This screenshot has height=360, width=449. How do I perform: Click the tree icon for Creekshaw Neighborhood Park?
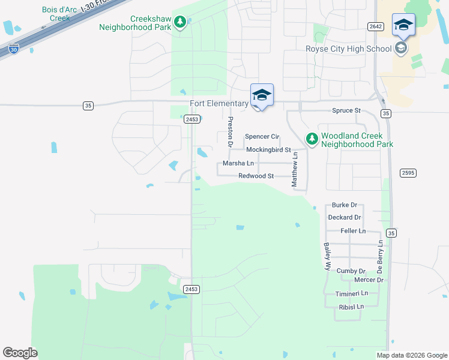click(179, 22)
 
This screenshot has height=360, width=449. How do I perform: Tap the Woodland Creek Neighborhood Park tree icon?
click(312, 139)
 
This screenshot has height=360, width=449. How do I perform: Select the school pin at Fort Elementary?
click(262, 96)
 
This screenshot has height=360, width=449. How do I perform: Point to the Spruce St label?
click(346, 111)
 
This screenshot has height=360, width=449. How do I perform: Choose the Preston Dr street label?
click(230, 132)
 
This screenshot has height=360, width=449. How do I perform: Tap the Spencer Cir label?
click(262, 137)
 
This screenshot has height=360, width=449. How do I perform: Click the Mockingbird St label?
click(268, 149)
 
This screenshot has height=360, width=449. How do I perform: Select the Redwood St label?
click(256, 176)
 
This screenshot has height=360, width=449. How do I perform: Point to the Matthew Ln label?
click(295, 170)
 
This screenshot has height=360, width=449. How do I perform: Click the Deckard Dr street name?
click(345, 217)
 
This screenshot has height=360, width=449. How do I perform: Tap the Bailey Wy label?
click(327, 257)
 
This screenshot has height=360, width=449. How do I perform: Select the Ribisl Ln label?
click(351, 307)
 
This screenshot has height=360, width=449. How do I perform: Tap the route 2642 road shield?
click(376, 26)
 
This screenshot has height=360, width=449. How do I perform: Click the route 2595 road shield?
click(408, 173)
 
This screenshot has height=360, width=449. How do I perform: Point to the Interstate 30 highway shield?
click(13, 50)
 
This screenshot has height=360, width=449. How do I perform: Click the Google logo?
click(20, 353)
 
